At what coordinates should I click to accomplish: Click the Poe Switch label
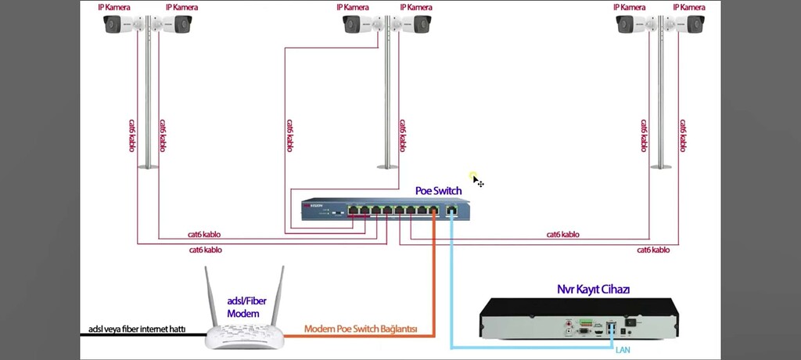pos(438,190)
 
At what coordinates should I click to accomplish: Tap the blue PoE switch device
pos(386,210)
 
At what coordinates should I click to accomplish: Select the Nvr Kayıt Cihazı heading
pos(593,290)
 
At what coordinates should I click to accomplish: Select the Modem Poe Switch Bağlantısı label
pos(361,329)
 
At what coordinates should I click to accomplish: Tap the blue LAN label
pos(623,349)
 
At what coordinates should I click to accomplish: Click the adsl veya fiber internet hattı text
pos(137,329)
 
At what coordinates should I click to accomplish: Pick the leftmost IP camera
pos(122,25)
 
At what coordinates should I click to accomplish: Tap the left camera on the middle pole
pos(361,25)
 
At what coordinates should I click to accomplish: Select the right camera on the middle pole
pos(414,25)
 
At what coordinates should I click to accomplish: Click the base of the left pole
pos(148,166)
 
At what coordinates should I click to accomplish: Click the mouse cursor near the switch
pos(476,181)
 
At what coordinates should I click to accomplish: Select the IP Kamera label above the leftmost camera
pos(113,7)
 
